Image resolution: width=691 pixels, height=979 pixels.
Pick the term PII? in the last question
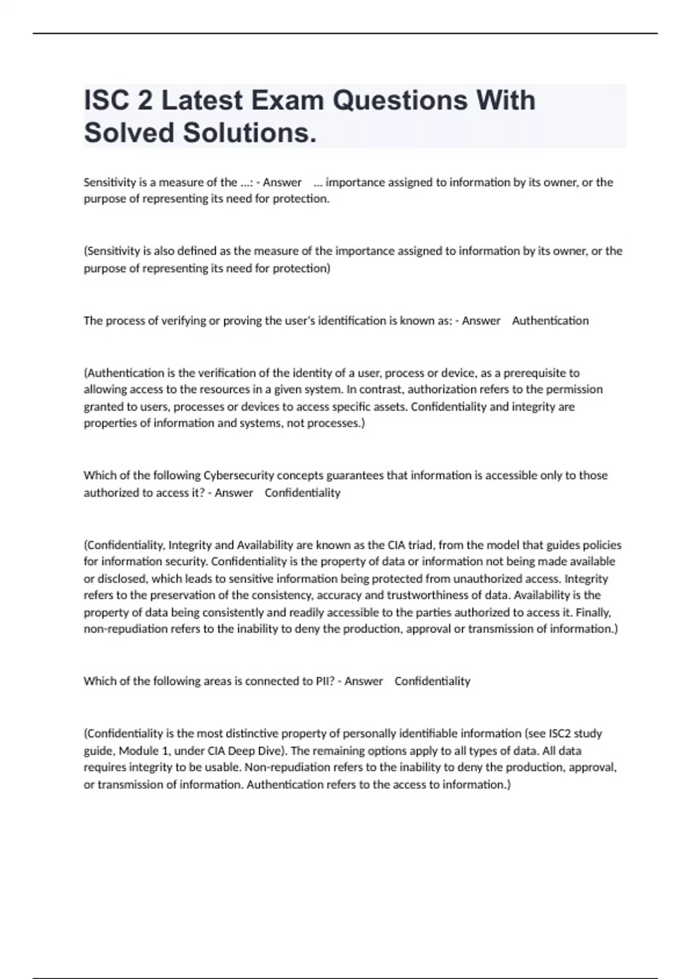325,681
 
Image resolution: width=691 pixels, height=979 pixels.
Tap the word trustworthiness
435,595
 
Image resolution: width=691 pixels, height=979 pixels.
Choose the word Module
136,751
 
